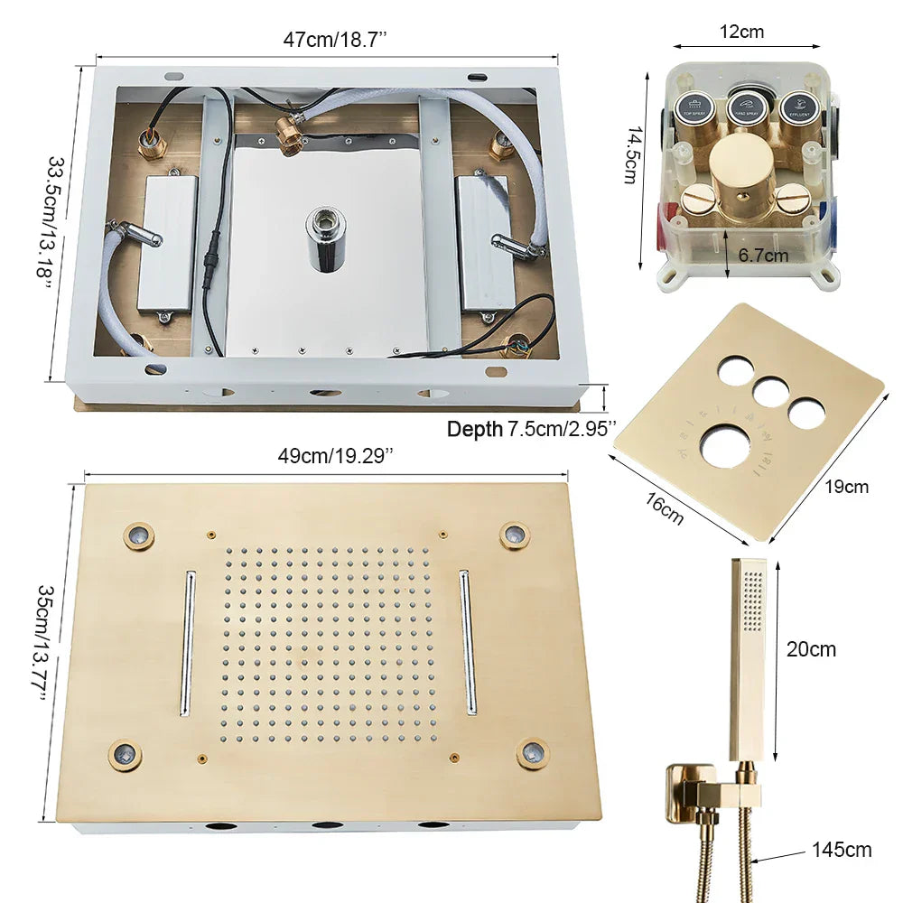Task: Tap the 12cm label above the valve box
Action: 741,33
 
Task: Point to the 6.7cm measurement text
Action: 763,256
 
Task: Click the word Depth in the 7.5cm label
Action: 475,430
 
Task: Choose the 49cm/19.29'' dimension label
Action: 335,455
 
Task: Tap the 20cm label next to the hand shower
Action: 811,649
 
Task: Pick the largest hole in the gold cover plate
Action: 726,445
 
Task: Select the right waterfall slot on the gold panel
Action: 468,642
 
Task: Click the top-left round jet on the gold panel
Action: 138,536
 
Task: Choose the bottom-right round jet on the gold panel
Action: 533,753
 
